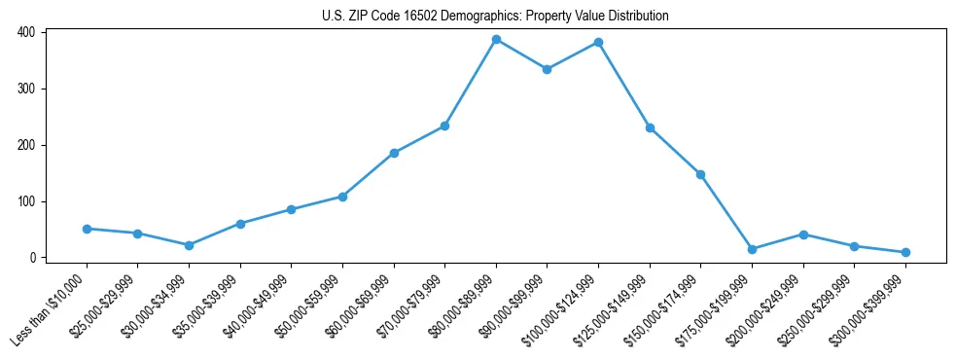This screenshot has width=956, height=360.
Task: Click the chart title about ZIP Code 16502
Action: click(x=495, y=16)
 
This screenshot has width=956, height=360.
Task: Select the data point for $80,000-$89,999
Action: click(x=496, y=40)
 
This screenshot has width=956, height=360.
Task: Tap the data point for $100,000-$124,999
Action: click(x=598, y=43)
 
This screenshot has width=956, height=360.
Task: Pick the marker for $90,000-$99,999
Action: click(x=548, y=69)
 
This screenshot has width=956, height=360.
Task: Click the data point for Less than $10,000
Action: click(x=87, y=229)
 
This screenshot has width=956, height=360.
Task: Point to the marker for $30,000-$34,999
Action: click(x=189, y=245)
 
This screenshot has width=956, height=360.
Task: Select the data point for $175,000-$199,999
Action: click(x=752, y=249)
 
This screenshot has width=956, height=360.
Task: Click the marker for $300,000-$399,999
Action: click(x=905, y=252)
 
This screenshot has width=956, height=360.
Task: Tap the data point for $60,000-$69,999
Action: click(x=394, y=153)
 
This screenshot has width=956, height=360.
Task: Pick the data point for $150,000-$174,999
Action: click(x=700, y=174)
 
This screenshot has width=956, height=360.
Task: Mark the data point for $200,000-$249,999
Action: click(x=803, y=234)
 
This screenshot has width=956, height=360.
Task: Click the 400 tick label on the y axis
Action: click(x=26, y=32)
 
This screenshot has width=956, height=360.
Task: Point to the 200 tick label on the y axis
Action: click(x=26, y=145)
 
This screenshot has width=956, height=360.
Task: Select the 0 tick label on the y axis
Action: click(x=32, y=258)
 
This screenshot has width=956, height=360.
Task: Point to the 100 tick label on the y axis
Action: click(x=26, y=201)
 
